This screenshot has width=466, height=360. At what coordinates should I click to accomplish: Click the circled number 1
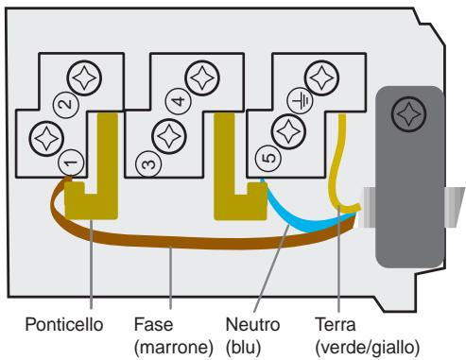pos(69,163)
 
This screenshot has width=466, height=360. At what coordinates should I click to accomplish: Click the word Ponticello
pos(65,324)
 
